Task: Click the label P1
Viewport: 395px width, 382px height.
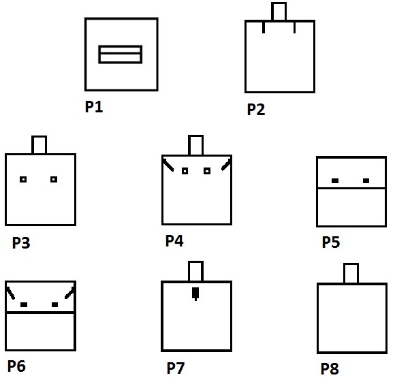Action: pyautogui.click(x=94, y=106)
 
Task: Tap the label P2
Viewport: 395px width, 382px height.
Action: pyautogui.click(x=256, y=109)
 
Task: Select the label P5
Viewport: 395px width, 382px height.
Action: pyautogui.click(x=331, y=242)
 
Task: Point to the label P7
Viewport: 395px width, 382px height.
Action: pyautogui.click(x=176, y=368)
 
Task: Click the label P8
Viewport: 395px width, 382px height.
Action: pyautogui.click(x=330, y=369)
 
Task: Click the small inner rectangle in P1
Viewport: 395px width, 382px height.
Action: pyautogui.click(x=120, y=54)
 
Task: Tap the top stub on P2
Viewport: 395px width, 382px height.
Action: pyautogui.click(x=279, y=12)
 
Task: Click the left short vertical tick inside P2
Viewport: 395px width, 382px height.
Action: pyautogui.click(x=264, y=27)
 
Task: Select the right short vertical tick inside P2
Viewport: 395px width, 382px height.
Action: pyautogui.click(x=294, y=27)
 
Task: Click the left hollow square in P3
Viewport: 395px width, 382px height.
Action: pyautogui.click(x=23, y=180)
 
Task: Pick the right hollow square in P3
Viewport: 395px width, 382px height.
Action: pyautogui.click(x=54, y=180)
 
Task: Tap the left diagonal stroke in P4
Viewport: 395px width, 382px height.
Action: pyautogui.click(x=168, y=165)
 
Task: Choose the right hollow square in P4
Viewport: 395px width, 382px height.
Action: pyautogui.click(x=207, y=171)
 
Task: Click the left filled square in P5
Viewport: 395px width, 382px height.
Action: pyautogui.click(x=335, y=180)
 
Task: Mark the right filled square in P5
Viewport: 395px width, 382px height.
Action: pyautogui.click(x=366, y=180)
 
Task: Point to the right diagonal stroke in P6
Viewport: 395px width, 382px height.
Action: pyautogui.click(x=69, y=293)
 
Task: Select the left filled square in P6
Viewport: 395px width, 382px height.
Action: pyautogui.click(x=24, y=304)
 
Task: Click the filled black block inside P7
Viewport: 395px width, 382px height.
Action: pyautogui.click(x=195, y=293)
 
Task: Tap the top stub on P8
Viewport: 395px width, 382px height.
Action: pyautogui.click(x=351, y=274)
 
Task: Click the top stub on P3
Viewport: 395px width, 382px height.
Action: pyautogui.click(x=39, y=145)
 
